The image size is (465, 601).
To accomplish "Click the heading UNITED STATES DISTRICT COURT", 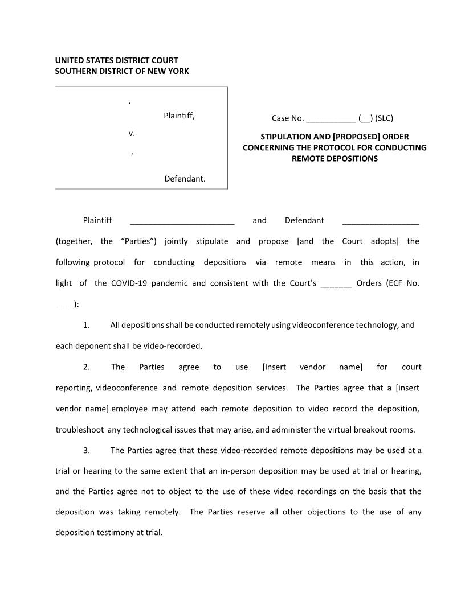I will pyautogui.click(x=116, y=60).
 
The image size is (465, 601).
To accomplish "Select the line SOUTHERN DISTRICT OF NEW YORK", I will pyautogui.click(x=122, y=71).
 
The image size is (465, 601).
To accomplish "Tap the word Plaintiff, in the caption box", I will pyautogui.click(x=179, y=116).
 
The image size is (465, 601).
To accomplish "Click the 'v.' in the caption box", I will pyautogui.click(x=132, y=134).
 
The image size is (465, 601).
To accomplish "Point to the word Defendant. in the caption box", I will pyautogui.click(x=185, y=179).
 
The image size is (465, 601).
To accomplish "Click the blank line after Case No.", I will pyautogui.click(x=331, y=119).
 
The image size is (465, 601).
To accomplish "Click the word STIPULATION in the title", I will pyautogui.click(x=288, y=137).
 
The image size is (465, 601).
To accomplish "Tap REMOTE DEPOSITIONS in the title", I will pyautogui.click(x=335, y=159).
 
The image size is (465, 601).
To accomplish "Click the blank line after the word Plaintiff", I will pyautogui.click(x=182, y=221).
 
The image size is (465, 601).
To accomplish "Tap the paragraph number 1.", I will pyautogui.click(x=86, y=326).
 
